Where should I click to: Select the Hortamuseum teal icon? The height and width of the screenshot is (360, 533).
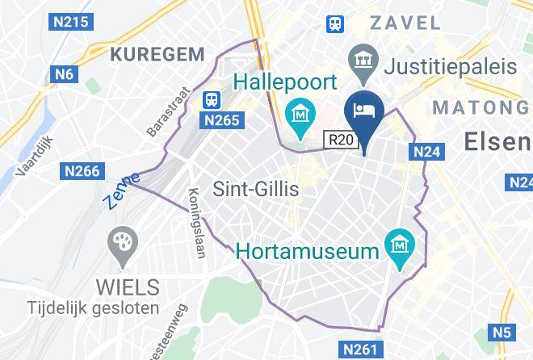point(399,242)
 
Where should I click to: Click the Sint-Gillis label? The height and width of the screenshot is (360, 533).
point(255,190)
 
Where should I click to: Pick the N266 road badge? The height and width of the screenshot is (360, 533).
point(82,170)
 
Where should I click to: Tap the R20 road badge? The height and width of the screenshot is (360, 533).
point(341,140)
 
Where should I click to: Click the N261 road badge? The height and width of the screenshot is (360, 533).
point(359,350)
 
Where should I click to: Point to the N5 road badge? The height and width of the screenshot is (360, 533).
point(502,331)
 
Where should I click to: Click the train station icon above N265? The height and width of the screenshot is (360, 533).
point(212,98)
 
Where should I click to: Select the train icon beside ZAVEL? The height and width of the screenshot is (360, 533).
point(335,24)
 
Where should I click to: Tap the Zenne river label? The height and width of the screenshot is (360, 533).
point(122,190)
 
